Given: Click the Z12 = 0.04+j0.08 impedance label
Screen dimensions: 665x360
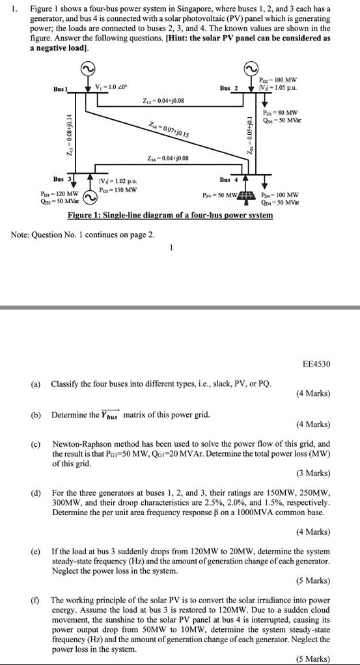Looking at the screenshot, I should [163, 100].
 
